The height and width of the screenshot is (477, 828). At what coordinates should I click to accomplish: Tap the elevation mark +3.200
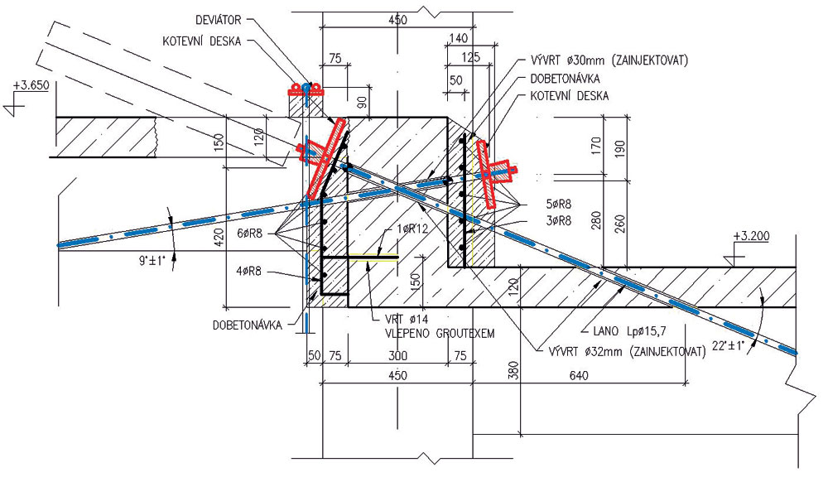pos(751,237)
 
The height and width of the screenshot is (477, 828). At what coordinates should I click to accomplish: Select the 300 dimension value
pos(397,355)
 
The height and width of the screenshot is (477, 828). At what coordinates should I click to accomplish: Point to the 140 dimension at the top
pos(456,38)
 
